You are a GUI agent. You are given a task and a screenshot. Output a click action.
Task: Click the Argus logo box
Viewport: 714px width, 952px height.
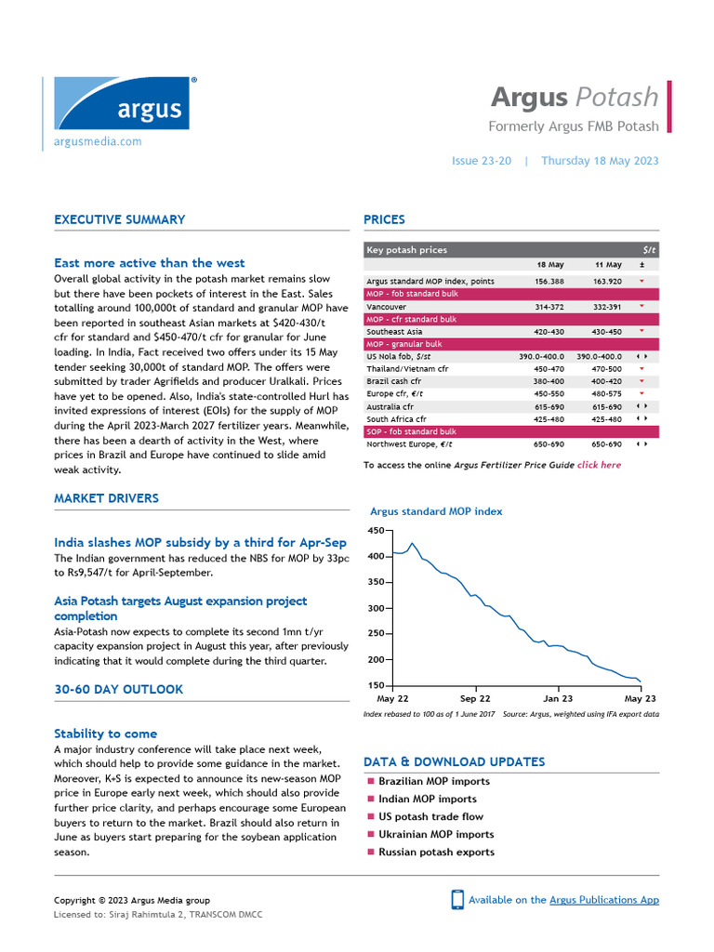pos(122,104)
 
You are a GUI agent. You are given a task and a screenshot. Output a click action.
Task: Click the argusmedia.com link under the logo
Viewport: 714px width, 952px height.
pos(99,141)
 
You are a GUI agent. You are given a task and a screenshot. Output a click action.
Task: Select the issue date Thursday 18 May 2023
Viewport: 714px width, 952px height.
pos(600,161)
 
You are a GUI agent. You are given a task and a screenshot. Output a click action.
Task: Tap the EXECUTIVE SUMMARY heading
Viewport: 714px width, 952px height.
pos(119,220)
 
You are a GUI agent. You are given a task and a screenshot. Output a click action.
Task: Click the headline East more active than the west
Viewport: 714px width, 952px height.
pos(150,263)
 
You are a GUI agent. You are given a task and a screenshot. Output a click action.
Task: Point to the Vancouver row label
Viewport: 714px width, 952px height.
pos(386,307)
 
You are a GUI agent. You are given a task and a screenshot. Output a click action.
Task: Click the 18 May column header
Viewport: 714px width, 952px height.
pos(549,265)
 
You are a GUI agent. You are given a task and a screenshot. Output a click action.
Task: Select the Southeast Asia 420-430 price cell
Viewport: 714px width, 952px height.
pos(549,332)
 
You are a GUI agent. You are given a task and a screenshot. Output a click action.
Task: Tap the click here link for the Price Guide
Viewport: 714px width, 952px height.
pos(599,465)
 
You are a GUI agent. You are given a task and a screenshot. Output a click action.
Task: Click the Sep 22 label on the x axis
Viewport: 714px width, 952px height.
pos(475,698)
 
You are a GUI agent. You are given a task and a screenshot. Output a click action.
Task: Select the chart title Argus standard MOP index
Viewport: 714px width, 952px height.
pos(436,511)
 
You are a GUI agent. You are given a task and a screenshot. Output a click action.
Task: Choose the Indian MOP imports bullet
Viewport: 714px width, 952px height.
pos(427,799)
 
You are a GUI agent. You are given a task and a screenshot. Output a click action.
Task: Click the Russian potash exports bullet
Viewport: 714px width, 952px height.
pos(436,852)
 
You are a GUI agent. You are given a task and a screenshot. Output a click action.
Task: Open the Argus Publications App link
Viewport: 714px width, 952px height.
pos(603,900)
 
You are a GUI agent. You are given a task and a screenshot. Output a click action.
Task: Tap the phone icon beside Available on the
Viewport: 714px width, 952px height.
pos(457,900)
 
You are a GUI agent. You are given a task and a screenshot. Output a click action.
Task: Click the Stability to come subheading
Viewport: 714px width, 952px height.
pos(105,734)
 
